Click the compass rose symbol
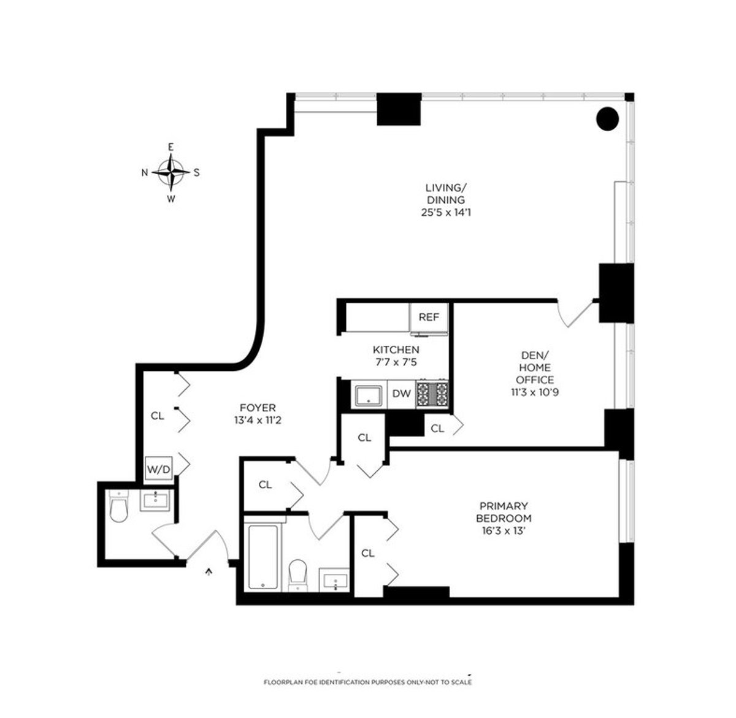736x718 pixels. [x=171, y=172]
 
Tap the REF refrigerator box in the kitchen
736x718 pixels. [x=429, y=318]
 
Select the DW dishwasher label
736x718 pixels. [x=401, y=394]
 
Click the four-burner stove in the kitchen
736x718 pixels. [x=432, y=394]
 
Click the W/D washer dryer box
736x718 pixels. [x=158, y=469]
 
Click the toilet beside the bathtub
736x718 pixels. [x=299, y=573]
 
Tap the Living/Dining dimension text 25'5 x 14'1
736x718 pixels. [x=445, y=212]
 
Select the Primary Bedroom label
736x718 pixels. [x=504, y=512]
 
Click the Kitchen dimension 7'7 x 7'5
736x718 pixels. [x=396, y=362]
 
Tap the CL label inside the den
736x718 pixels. [x=437, y=429]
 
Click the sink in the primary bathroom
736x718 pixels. [x=334, y=581]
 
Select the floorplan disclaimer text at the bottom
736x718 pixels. [x=367, y=682]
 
